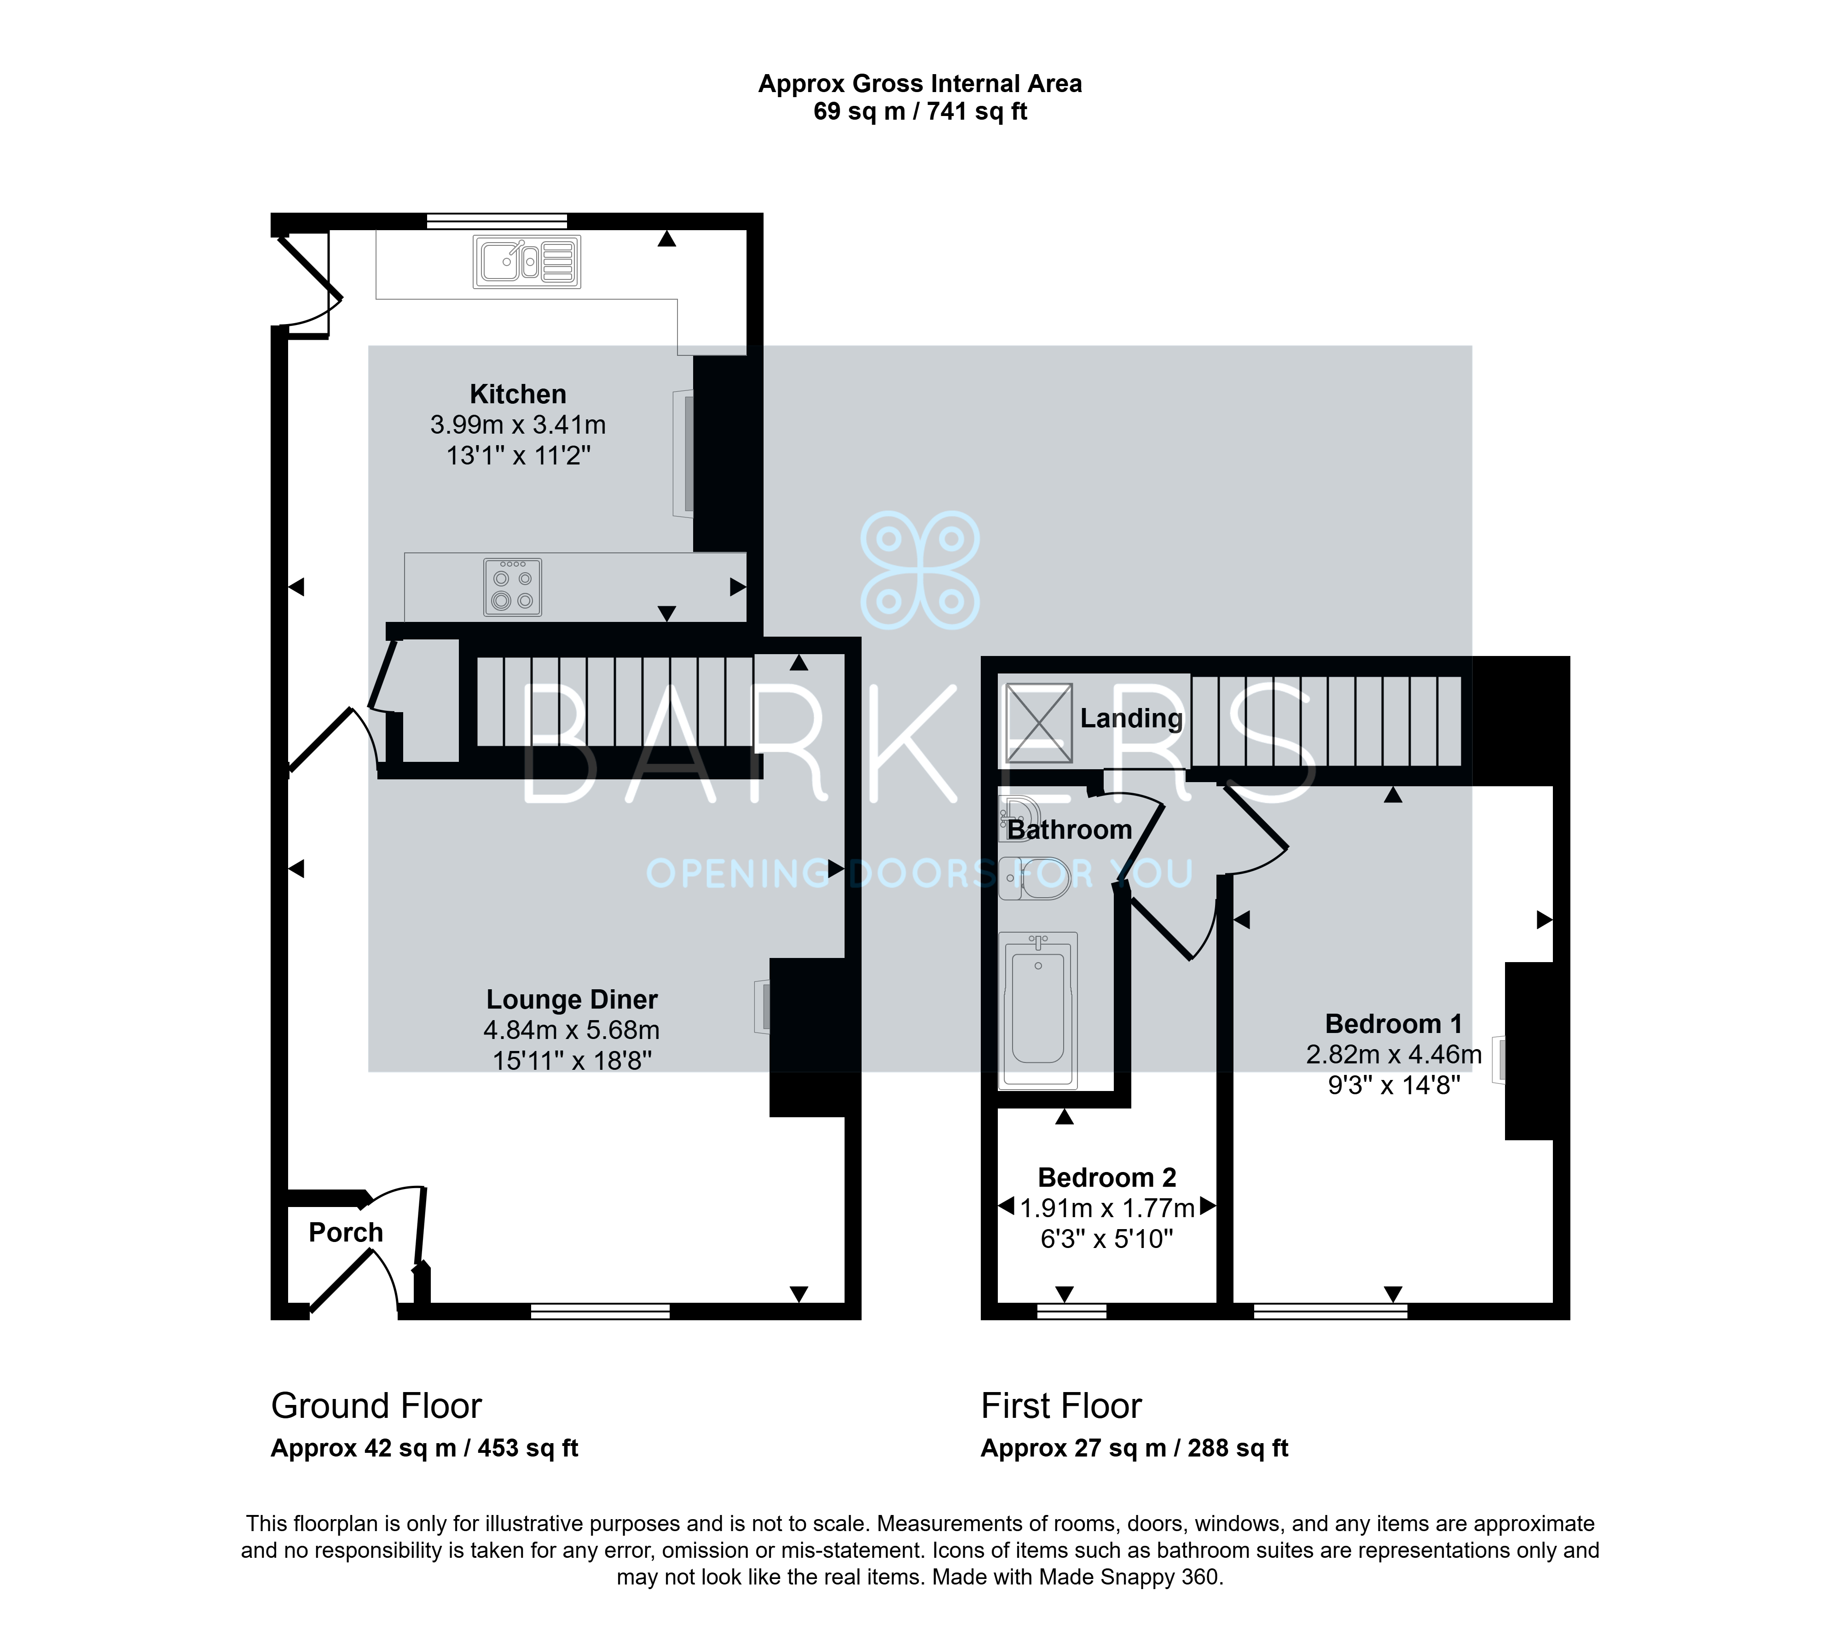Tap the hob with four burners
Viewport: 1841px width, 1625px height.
pos(513,587)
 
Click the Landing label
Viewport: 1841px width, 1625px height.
pos(1131,718)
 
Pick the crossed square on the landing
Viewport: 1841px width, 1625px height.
pos(1038,723)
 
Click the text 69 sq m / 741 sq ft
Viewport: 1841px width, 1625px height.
pos(920,112)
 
